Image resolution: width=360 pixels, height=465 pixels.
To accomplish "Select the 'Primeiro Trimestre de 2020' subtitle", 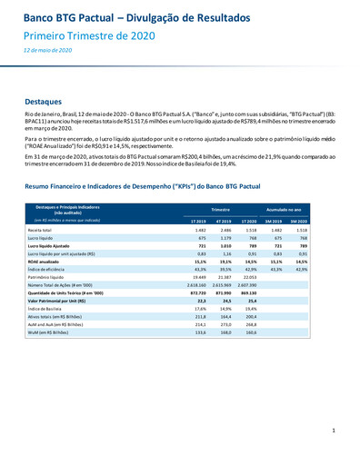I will [x=84, y=35].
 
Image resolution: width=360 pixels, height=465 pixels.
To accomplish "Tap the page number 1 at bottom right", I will [x=334, y=429].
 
